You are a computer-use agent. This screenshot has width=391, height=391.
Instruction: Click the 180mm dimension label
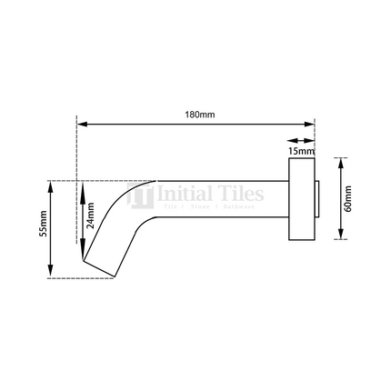pos(195,115)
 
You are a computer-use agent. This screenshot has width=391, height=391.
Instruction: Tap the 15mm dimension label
pos(300,149)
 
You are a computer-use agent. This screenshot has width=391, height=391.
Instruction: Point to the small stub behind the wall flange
pos(317,199)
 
